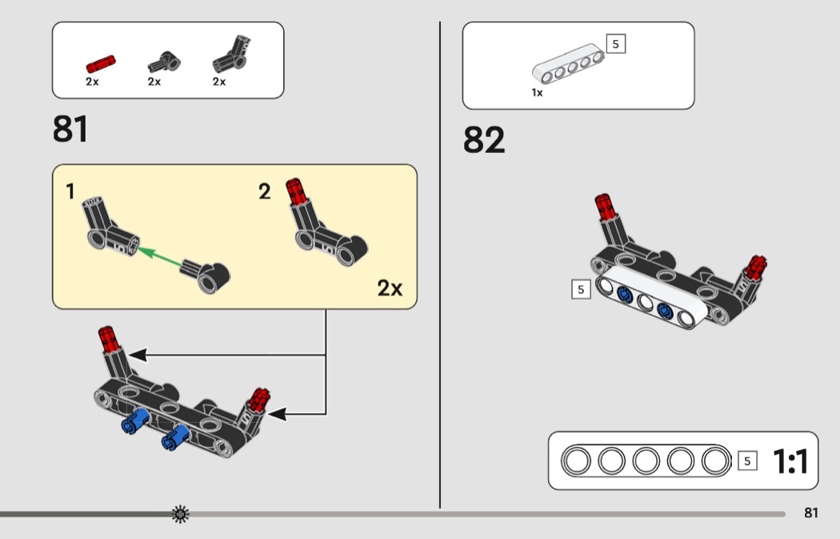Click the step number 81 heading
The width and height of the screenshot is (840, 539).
(x=70, y=129)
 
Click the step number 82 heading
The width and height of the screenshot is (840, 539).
(x=484, y=140)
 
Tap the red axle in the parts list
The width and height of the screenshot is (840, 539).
(x=101, y=63)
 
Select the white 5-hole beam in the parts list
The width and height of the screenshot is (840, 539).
(x=568, y=64)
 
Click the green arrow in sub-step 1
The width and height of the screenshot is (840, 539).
(x=159, y=256)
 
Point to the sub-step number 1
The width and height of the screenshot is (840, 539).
(x=70, y=191)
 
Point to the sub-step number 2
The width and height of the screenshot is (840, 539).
(x=265, y=191)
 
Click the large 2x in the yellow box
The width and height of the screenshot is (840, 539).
(x=390, y=288)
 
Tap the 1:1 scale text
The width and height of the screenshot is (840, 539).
(x=790, y=461)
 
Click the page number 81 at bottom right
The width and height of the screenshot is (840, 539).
(x=811, y=513)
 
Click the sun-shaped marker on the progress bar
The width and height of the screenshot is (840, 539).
(x=181, y=514)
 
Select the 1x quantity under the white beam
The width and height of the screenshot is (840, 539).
(x=537, y=93)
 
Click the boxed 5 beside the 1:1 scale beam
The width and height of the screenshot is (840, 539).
(x=747, y=461)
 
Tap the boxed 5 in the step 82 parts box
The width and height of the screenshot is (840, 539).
(x=615, y=44)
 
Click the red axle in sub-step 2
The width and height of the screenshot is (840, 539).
(x=296, y=191)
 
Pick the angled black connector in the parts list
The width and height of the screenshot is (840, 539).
(x=231, y=55)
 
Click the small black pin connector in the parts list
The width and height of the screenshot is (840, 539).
(x=164, y=62)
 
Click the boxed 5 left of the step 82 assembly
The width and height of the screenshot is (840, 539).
(x=581, y=290)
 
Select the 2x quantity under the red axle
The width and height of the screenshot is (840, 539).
(x=92, y=82)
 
